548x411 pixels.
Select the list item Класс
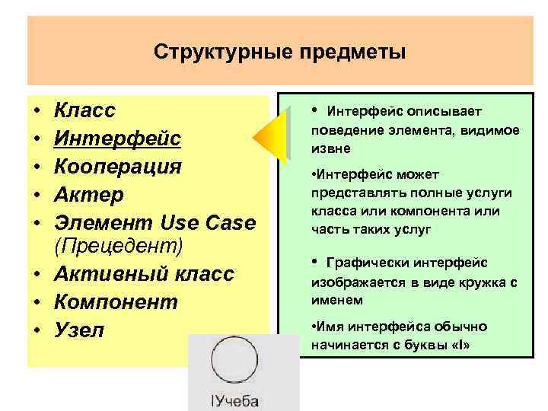85,111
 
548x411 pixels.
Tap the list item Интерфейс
118,139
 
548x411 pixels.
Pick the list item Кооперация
118,166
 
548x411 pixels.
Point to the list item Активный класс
144,274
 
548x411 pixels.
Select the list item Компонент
116,302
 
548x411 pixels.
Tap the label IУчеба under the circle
231,400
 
